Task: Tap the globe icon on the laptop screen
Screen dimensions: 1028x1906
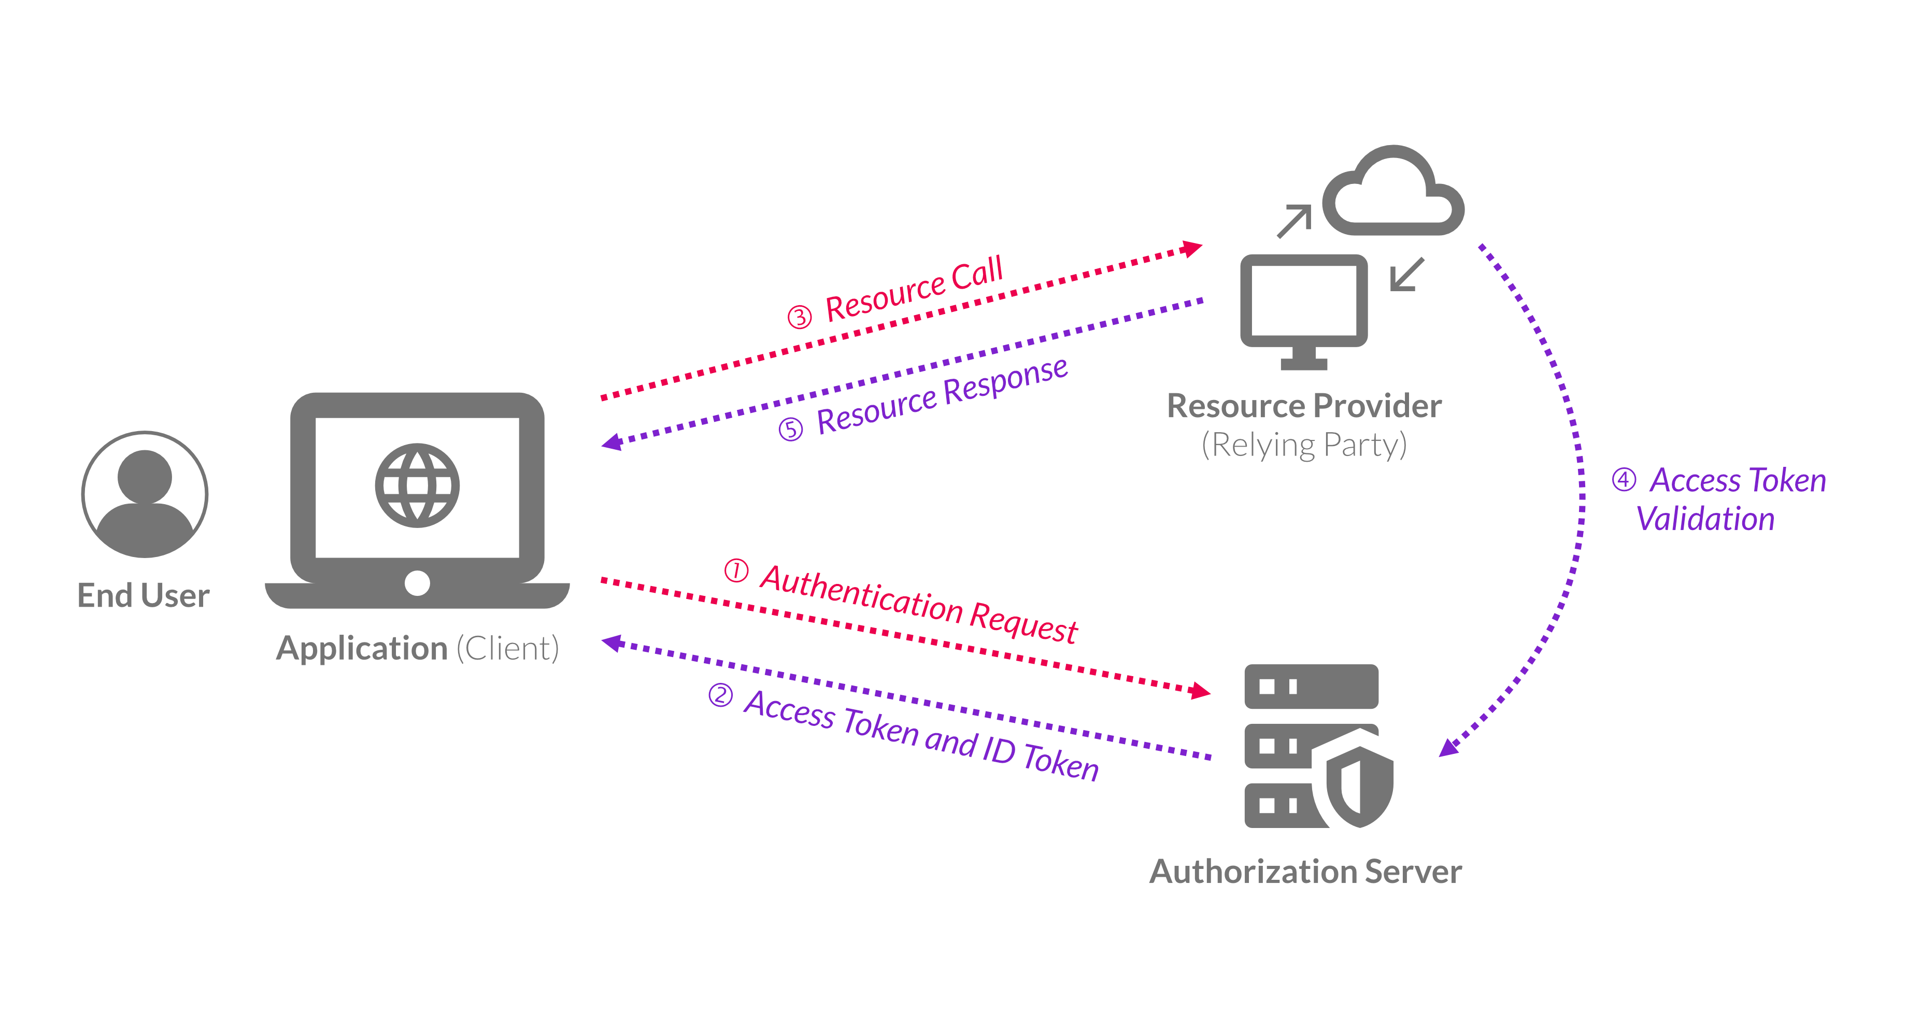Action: [417, 485]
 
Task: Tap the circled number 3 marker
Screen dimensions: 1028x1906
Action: [799, 317]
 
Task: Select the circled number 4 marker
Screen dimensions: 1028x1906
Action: [1624, 479]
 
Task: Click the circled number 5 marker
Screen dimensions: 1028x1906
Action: [790, 429]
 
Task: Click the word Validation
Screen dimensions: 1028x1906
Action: [1705, 519]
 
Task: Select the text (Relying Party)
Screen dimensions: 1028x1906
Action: [1304, 445]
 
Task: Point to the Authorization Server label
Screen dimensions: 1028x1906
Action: [1305, 871]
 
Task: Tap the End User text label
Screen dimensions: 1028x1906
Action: [144, 595]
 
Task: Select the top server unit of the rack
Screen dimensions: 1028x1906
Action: [1311, 687]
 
